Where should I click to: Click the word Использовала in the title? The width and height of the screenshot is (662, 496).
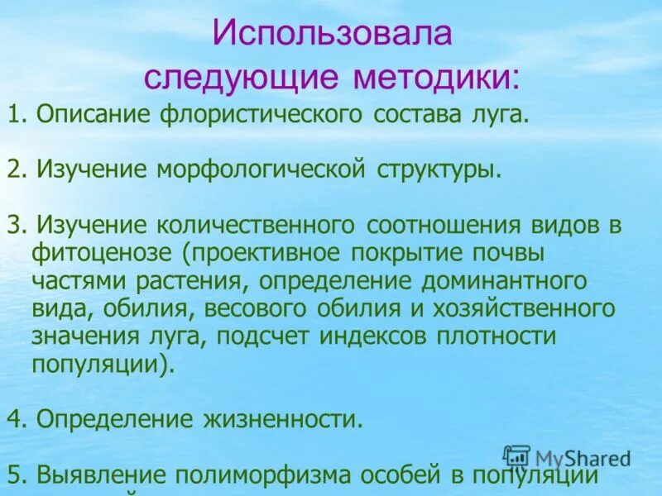click(331, 36)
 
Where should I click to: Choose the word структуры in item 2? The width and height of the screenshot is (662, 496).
click(440, 170)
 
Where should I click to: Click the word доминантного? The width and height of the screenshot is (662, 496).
click(506, 281)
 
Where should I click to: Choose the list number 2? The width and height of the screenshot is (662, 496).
click(14, 170)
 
